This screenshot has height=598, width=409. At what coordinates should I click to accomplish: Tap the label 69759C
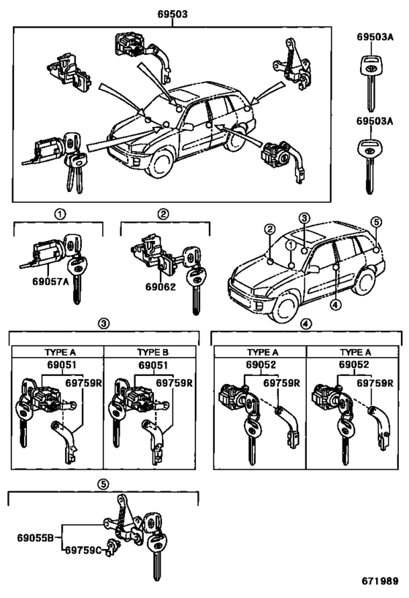click(80, 551)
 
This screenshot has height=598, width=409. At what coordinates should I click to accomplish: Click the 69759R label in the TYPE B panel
click(175, 383)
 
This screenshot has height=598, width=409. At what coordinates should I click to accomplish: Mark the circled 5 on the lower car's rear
click(376, 222)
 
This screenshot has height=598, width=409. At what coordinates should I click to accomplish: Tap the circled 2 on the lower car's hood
click(270, 231)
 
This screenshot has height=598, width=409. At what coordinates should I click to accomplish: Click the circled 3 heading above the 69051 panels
click(104, 323)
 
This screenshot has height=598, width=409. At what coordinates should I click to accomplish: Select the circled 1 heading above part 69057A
click(58, 214)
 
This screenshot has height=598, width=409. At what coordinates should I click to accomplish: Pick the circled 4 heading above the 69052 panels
click(306, 323)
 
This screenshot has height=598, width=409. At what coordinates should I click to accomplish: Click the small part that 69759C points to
click(112, 544)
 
